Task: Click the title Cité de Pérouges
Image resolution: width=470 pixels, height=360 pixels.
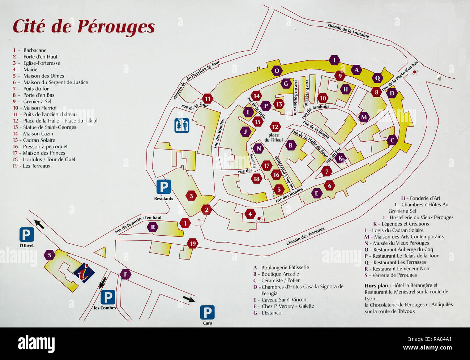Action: pyautogui.click(x=84, y=27)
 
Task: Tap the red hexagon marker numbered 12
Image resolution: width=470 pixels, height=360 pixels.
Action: pyautogui.click(x=275, y=127)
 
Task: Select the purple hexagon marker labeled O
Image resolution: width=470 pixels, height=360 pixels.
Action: pyautogui.click(x=277, y=70)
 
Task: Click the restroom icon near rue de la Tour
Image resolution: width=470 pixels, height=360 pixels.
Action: pyautogui.click(x=181, y=125)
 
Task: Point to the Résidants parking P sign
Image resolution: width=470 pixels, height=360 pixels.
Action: pyautogui.click(x=163, y=187)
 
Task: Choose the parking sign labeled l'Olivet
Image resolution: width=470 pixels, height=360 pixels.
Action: pyautogui.click(x=27, y=235)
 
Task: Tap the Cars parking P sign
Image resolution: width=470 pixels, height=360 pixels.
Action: pyautogui.click(x=207, y=312)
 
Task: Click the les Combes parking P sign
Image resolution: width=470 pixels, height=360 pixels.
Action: pyautogui.click(x=107, y=297)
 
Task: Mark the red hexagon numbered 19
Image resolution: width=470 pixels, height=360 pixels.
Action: pyautogui.click(x=192, y=244)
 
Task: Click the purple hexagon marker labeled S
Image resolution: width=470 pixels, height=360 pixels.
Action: pyautogui.click(x=50, y=255)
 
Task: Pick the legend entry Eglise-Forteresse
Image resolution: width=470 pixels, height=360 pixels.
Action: pyautogui.click(x=42, y=63)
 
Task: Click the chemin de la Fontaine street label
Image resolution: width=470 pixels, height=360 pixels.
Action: pyautogui.click(x=348, y=31)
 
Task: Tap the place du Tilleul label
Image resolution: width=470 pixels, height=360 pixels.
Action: pyautogui.click(x=274, y=138)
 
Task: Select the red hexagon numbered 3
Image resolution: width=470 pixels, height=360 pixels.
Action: pyautogui.click(x=191, y=196)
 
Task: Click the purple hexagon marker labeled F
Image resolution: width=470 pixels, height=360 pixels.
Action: pyautogui.click(x=125, y=274)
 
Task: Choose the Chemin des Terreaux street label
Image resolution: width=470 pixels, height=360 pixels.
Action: pyautogui.click(x=305, y=236)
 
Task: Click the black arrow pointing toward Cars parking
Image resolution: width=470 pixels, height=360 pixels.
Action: pyautogui.click(x=189, y=299)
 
